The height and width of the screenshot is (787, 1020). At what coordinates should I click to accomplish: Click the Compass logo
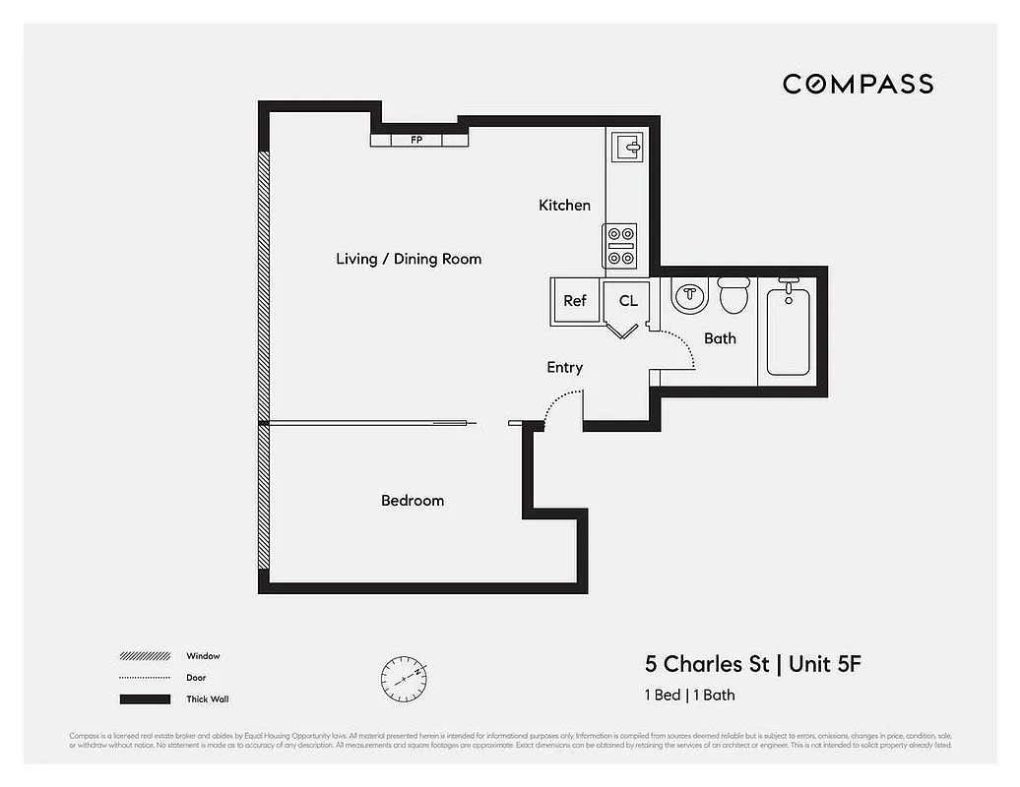click(858, 85)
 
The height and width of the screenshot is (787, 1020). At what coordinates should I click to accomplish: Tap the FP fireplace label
click(415, 141)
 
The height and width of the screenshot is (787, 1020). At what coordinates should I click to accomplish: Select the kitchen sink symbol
click(627, 148)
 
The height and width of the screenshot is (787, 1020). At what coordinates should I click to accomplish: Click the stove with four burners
click(620, 246)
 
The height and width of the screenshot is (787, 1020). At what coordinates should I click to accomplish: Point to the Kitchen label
click(564, 206)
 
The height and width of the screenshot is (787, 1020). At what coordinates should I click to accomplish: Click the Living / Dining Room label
click(409, 260)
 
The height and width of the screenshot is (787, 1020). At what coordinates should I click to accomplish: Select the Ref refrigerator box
click(575, 301)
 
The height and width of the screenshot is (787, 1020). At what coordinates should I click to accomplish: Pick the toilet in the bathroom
click(733, 293)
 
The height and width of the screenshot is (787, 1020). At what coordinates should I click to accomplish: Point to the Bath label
click(720, 338)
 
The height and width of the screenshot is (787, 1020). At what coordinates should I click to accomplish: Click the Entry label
click(564, 368)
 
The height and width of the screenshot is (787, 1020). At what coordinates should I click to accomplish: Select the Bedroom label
click(413, 501)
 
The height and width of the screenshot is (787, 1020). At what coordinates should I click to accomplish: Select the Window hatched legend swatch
click(145, 656)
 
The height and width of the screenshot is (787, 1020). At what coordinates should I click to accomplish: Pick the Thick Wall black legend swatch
click(145, 699)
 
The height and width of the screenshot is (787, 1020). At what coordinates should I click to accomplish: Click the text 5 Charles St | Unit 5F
click(752, 664)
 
